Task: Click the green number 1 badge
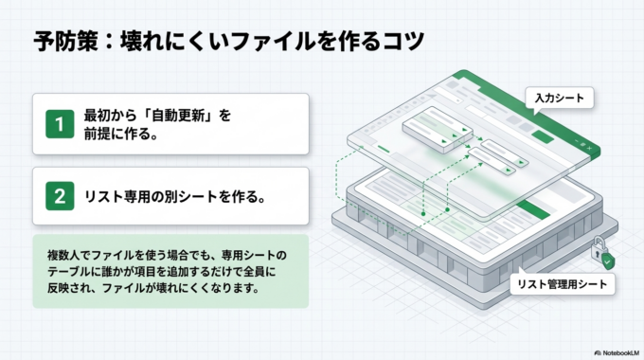coord(60,123)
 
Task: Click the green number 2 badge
coord(60,197)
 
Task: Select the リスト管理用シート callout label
coord(562,283)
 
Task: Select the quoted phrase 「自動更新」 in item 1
coord(183,116)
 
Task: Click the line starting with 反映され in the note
coord(152,288)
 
